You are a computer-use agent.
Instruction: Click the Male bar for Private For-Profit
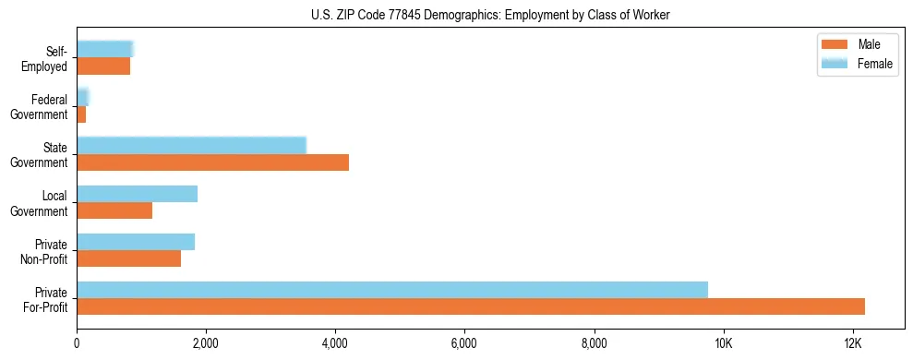click(x=471, y=306)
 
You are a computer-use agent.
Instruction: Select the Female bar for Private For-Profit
click(x=392, y=290)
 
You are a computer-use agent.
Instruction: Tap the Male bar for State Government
click(x=212, y=162)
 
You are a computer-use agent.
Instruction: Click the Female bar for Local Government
click(x=137, y=194)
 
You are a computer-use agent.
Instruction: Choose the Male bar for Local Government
click(x=114, y=210)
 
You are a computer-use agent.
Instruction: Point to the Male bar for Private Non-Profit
click(x=128, y=258)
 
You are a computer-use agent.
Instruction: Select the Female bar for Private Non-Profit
click(x=136, y=242)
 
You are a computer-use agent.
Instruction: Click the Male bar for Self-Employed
click(x=103, y=66)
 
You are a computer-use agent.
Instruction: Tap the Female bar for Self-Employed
click(x=105, y=50)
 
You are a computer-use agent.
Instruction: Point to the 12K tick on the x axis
click(x=852, y=343)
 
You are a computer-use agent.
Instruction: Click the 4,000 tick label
click(x=335, y=343)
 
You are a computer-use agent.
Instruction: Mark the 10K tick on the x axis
click(x=723, y=343)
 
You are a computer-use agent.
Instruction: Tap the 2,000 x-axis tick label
click(x=206, y=343)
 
